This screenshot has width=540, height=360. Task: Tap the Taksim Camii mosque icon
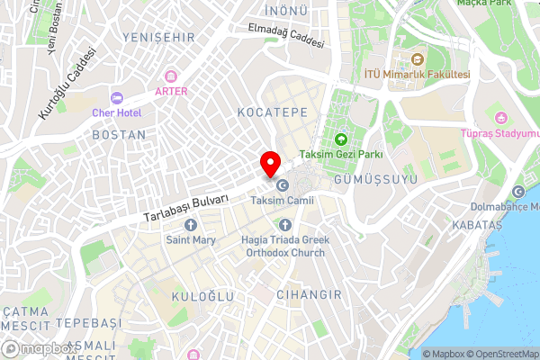pyautogui.click(x=283, y=185)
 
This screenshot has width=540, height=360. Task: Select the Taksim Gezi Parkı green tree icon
pyautogui.click(x=341, y=139)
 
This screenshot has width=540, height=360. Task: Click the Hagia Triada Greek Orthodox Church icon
pyautogui.click(x=285, y=225)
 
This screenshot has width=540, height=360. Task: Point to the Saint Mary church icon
pyautogui.click(x=190, y=225)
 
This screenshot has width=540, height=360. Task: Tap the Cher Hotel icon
pyautogui.click(x=116, y=97)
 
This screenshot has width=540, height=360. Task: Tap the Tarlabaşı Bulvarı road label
pyautogui.click(x=186, y=208)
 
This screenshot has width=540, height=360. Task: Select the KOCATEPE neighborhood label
pyautogui.click(x=272, y=112)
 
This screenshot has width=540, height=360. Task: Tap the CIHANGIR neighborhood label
pyautogui.click(x=309, y=294)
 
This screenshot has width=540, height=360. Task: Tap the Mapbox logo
pyautogui.click(x=39, y=349)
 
